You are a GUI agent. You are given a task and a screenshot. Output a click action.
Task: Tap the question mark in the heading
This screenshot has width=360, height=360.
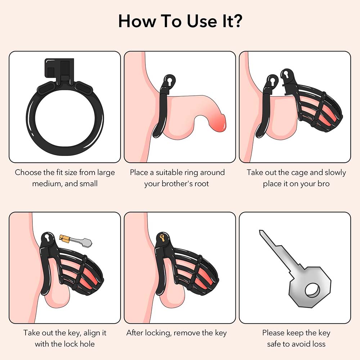236,21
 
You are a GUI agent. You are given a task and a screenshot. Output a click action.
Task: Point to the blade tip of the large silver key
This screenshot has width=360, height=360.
261,232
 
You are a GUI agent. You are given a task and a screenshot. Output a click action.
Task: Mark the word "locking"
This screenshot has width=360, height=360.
157,333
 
